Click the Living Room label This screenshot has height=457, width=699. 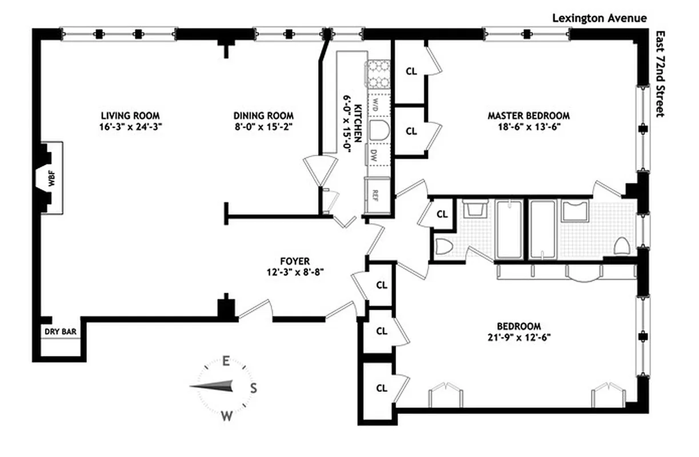point(130,115)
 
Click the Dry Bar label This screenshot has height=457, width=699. point(61,331)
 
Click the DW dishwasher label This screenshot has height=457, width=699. point(373,154)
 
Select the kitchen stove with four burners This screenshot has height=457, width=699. point(378,73)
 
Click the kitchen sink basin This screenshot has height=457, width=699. point(378,130)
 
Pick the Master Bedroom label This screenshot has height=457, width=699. point(529,115)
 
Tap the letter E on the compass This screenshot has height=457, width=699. point(226,361)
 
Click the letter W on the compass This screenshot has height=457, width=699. point(227,416)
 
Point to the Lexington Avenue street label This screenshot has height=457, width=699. point(600,18)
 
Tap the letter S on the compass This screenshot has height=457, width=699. point(254,388)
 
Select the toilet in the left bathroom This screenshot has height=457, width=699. point(444,247)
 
